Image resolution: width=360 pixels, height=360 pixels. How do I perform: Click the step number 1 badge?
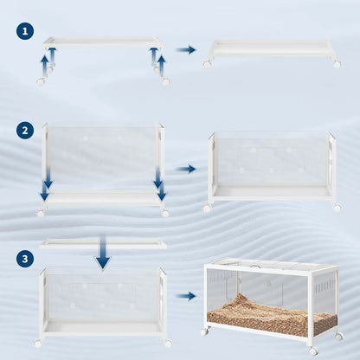pyautogui.click(x=25, y=32)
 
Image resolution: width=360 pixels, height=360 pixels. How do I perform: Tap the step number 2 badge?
pyautogui.click(x=25, y=131)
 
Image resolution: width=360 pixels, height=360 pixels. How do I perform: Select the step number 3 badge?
pyautogui.click(x=25, y=259)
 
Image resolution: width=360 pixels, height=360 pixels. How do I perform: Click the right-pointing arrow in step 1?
pyautogui.click(x=186, y=50)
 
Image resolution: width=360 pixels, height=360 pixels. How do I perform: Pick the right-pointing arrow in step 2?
pyautogui.click(x=186, y=170)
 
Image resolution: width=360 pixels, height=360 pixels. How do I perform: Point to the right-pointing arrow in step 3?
pyautogui.click(x=186, y=296)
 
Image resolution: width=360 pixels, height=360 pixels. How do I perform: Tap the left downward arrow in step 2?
pyautogui.click(x=47, y=178)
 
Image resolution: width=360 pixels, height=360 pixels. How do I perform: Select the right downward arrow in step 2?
pyautogui.click(x=157, y=178)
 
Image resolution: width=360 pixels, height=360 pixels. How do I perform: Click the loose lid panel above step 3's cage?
pyautogui.click(x=103, y=244)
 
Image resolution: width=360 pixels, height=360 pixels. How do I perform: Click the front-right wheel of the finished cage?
pyautogui.click(x=312, y=350)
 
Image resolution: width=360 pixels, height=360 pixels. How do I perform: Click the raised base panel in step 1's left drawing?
pyautogui.click(x=103, y=42)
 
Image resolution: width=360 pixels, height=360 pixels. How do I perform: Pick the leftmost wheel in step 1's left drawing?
pyautogui.click(x=40, y=81)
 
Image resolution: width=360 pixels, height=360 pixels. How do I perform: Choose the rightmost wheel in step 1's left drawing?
pyautogui.click(x=165, y=81)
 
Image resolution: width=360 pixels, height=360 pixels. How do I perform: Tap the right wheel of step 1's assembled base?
pyautogui.click(x=336, y=64)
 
